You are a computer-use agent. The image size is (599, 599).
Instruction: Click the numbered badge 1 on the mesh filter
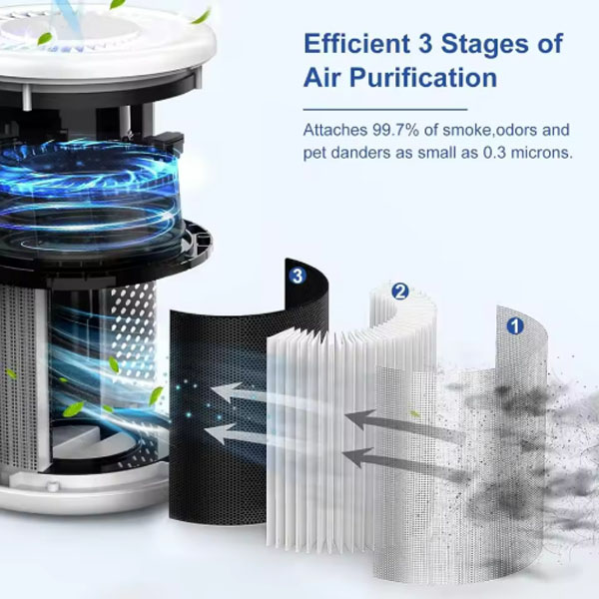coord(515,325)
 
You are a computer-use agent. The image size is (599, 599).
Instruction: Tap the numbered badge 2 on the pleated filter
coord(400,292)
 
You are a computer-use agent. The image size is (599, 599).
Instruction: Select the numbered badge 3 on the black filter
coord(298,276)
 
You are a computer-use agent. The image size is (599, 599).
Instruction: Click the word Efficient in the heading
coord(356,43)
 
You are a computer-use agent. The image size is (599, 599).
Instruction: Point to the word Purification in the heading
coord(423,78)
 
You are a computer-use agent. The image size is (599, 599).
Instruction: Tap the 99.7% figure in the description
coord(395,130)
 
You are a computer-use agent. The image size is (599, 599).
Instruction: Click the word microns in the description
coord(542,153)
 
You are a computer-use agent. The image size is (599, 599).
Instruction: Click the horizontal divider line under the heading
coord(385,110)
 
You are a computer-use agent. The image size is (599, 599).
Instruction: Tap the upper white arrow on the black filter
coord(238,392)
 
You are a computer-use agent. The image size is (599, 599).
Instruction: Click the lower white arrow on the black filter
coord(234,434)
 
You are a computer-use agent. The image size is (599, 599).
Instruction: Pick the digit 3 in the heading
coord(425,43)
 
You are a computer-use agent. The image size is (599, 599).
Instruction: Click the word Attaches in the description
coord(335,130)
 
